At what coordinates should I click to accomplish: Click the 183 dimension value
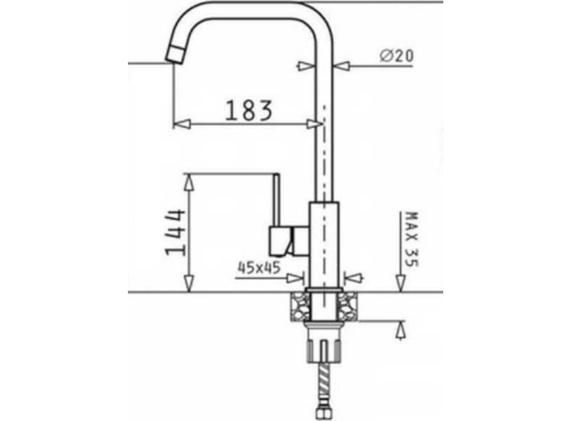(x=249, y=110)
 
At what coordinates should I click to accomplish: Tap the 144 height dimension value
(x=175, y=232)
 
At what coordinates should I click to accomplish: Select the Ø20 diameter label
(x=396, y=56)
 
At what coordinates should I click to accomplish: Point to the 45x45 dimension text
(x=259, y=268)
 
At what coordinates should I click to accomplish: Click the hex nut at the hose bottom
(x=322, y=414)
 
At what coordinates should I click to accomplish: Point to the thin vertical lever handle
(x=276, y=200)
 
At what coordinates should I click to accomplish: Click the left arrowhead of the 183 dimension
(x=182, y=124)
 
